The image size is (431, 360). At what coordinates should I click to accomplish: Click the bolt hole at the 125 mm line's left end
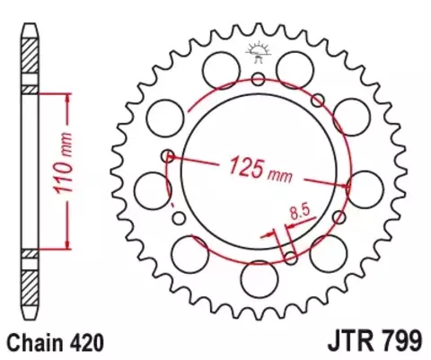click(166, 156)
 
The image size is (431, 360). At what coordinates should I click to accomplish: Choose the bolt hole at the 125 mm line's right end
click(349, 184)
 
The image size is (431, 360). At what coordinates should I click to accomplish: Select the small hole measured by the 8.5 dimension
click(291, 258)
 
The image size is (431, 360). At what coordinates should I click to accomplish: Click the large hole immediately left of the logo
click(217, 66)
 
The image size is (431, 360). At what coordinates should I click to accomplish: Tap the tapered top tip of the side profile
click(30, 24)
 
